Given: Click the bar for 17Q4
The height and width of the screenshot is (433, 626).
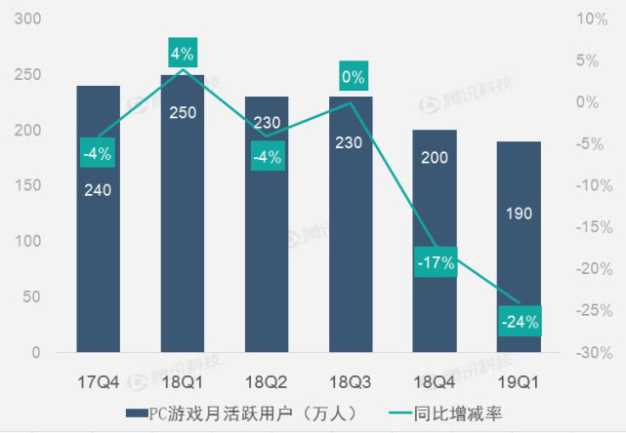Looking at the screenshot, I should [x=99, y=263].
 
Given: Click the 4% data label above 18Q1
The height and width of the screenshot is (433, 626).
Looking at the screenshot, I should [x=183, y=53].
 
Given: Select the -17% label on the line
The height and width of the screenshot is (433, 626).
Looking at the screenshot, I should [x=434, y=262].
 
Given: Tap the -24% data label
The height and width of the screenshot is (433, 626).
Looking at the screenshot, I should [x=518, y=320].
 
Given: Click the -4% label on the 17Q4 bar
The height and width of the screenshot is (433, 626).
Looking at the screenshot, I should [x=98, y=151].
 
